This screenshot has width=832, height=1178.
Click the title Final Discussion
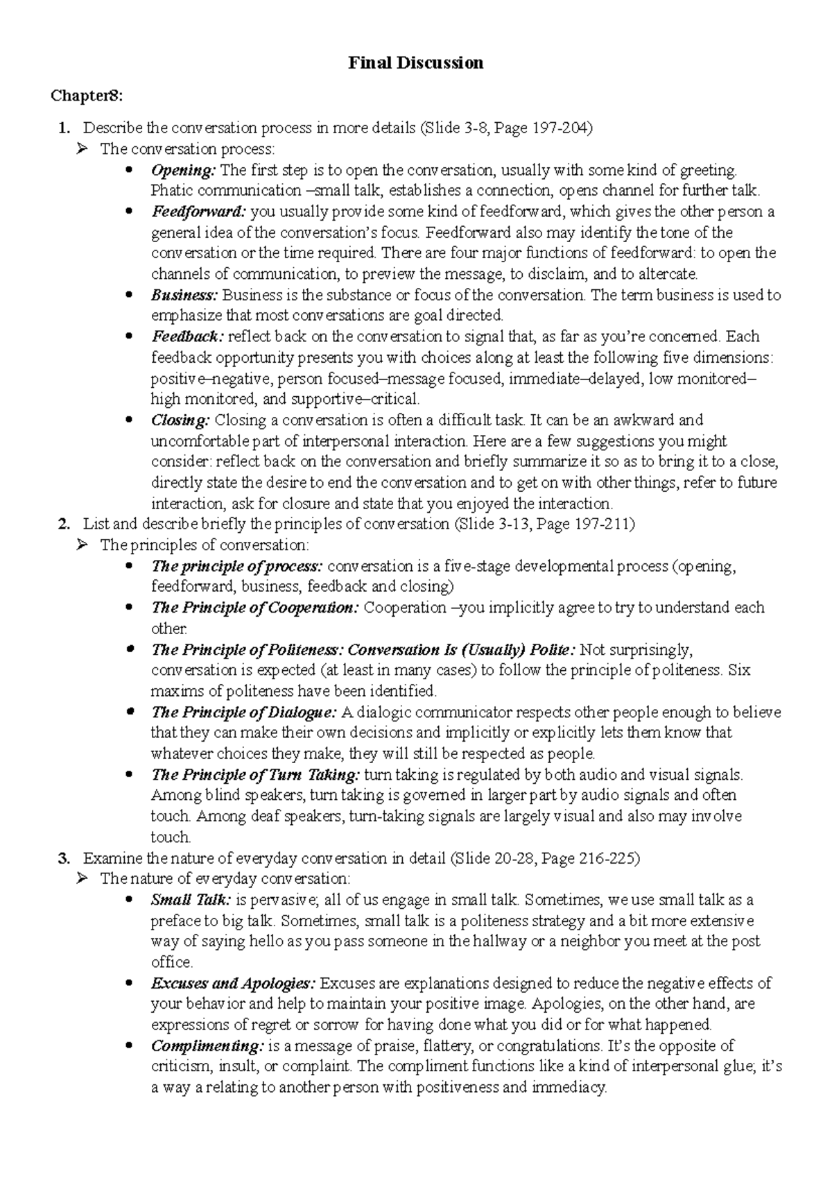pyautogui.click(x=415, y=63)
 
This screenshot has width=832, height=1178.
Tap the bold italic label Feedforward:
pyautogui.click(x=199, y=212)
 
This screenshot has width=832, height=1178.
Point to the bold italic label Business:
pyautogui.click(x=184, y=295)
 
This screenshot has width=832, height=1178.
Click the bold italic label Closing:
pyautogui.click(x=180, y=420)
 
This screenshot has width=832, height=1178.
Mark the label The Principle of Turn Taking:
pyautogui.click(x=256, y=774)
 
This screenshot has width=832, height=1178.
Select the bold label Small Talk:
pyautogui.click(x=191, y=900)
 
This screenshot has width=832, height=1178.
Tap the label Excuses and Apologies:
pyautogui.click(x=234, y=983)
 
